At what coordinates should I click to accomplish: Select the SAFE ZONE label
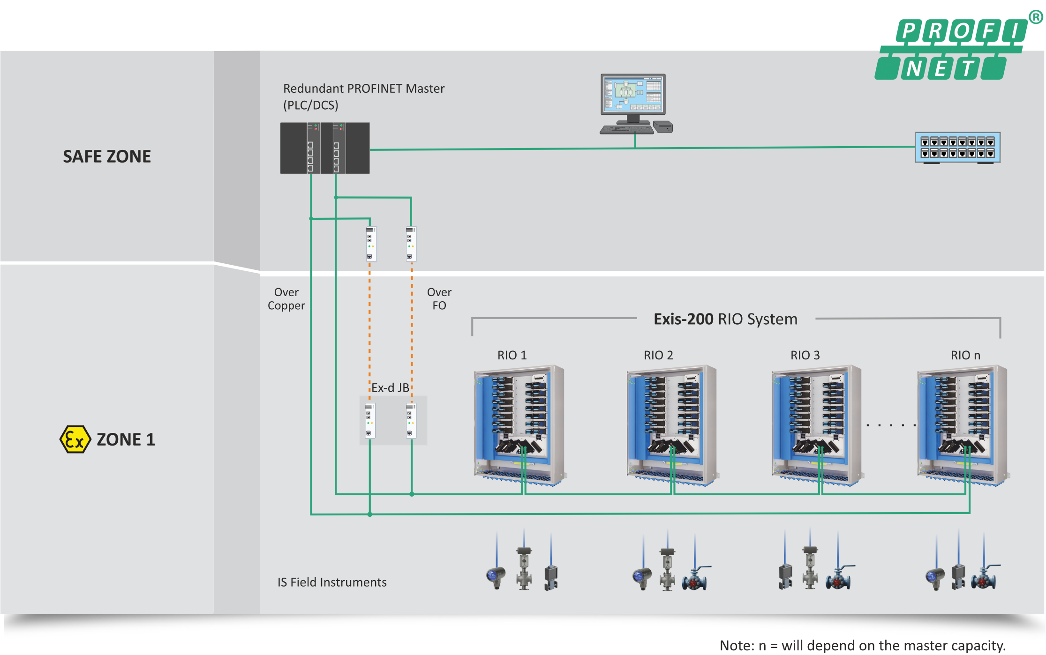point(107,156)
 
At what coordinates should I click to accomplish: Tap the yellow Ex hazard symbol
point(75,439)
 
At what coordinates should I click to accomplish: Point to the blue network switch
point(957,148)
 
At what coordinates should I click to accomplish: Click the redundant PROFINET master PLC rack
point(325,148)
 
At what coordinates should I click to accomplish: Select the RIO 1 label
point(512,355)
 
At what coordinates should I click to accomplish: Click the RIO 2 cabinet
point(671,425)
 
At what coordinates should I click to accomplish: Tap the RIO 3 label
point(805,355)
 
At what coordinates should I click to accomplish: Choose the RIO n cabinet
point(963,425)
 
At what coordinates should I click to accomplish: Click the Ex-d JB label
point(390,388)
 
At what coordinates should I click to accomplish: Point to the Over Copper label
point(286,299)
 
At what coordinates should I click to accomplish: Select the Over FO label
point(439,299)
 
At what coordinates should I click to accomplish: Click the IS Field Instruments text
point(332,582)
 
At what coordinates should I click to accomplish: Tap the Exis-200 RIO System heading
point(725,319)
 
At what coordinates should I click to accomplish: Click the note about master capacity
point(863,646)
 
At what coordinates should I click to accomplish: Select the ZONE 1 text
point(126,439)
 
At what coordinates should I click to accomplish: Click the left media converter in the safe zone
point(371,244)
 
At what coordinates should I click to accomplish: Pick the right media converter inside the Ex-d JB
point(411,420)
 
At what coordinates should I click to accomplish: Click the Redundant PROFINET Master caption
point(364,97)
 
